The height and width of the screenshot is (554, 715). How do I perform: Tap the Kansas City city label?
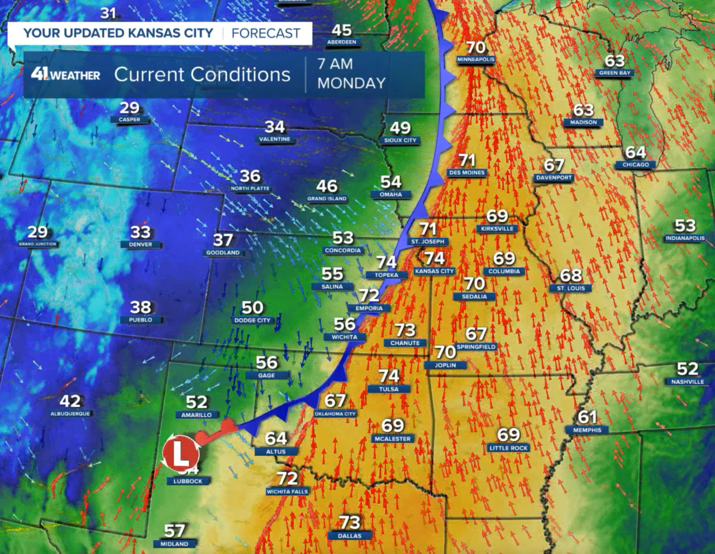tap(435, 271)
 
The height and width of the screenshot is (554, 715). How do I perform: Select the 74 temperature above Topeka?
tap(386, 261)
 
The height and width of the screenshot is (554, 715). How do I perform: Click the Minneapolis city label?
tap(475, 60)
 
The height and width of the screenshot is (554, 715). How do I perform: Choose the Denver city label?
tap(141, 245)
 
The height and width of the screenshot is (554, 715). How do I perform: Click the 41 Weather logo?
tap(65, 74)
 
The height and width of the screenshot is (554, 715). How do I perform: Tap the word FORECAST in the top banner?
tap(266, 34)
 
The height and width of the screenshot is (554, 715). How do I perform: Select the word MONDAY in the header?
tap(351, 83)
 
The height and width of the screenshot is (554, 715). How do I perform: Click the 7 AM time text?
tap(335, 64)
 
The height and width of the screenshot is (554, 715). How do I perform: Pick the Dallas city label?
tap(350, 536)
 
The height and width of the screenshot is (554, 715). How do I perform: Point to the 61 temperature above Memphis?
tap(587, 417)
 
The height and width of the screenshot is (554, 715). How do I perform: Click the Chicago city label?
tap(636, 165)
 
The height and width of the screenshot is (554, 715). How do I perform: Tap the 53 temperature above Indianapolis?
tap(685, 225)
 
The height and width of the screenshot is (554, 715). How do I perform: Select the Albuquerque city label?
tap(70, 414)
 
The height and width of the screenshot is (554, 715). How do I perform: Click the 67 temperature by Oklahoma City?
tap(335, 400)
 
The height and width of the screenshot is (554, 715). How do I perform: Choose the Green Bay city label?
tap(614, 73)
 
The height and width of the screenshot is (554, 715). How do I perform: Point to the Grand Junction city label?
tap(37, 244)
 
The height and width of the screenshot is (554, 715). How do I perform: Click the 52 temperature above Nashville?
tap(687, 369)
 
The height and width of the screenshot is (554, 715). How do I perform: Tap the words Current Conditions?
tap(202, 74)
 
